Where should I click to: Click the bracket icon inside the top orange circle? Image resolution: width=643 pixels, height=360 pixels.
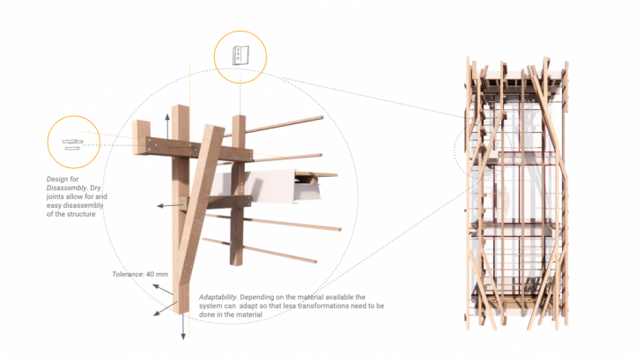pyautogui.click(x=240, y=55)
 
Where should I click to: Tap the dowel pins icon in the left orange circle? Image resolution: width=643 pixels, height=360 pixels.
pyautogui.click(x=73, y=144)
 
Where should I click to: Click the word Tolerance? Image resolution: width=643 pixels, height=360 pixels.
pyautogui.click(x=128, y=274)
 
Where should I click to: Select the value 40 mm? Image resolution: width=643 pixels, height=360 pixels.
pyautogui.click(x=157, y=274)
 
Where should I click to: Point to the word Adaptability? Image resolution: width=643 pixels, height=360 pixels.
pyautogui.click(x=218, y=297)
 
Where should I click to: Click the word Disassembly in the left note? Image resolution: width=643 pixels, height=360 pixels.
pyautogui.click(x=67, y=187)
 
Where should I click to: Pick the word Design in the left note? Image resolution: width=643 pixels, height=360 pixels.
pyautogui.click(x=57, y=179)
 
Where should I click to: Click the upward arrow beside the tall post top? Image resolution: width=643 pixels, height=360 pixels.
pyautogui.click(x=167, y=127)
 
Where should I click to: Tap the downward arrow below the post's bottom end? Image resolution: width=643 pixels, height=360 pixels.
pyautogui.click(x=183, y=327)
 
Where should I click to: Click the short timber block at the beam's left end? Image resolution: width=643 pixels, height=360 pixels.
pyautogui.click(x=141, y=136)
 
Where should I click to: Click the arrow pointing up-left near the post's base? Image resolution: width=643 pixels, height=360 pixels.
pyautogui.click(x=163, y=290)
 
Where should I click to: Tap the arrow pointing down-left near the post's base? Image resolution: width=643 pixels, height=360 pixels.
pyautogui.click(x=165, y=309)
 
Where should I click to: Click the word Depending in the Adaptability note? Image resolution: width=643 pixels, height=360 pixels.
pyautogui.click(x=256, y=297)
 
